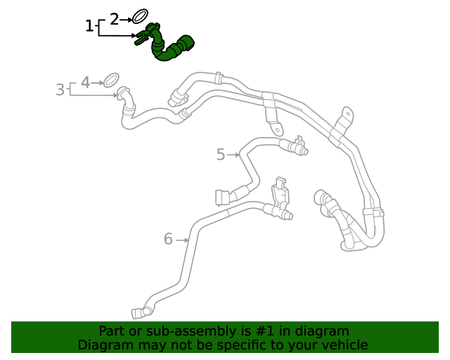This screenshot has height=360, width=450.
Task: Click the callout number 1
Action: tap(89, 27)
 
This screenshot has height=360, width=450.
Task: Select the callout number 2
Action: tap(115, 20)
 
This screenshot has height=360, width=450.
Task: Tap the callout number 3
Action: tap(60, 90)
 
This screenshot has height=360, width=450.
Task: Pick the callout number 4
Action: tap(85, 82)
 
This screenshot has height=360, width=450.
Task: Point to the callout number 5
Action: tap(221, 155)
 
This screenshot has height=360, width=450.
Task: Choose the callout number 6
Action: tap(168, 240)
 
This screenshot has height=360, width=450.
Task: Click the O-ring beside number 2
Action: tap(141, 16)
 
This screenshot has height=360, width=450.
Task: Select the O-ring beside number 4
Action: tap(110, 79)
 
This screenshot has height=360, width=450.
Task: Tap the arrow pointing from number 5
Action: tap(233, 155)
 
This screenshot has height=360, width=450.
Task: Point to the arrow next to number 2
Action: tap(127, 20)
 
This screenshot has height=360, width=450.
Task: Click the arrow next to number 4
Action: tap(98, 82)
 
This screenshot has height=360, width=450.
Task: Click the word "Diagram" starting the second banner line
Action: tap(103, 345)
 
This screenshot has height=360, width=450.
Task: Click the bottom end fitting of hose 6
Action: tap(136, 313)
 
